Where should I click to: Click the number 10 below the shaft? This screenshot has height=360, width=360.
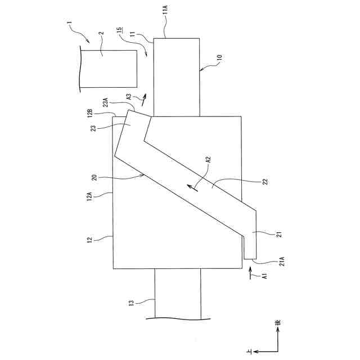[x=219, y=57]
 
